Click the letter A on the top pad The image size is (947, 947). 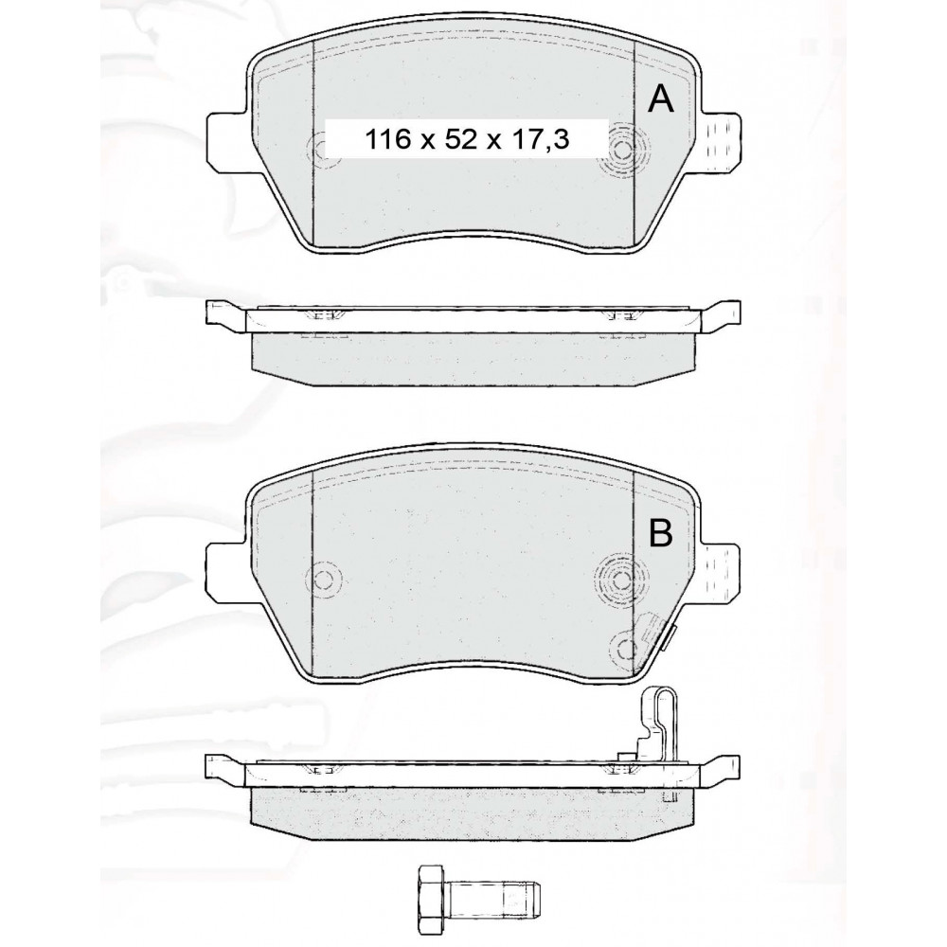click(x=660, y=99)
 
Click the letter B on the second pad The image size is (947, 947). click(x=660, y=532)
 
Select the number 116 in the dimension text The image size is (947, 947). click(x=387, y=139)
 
